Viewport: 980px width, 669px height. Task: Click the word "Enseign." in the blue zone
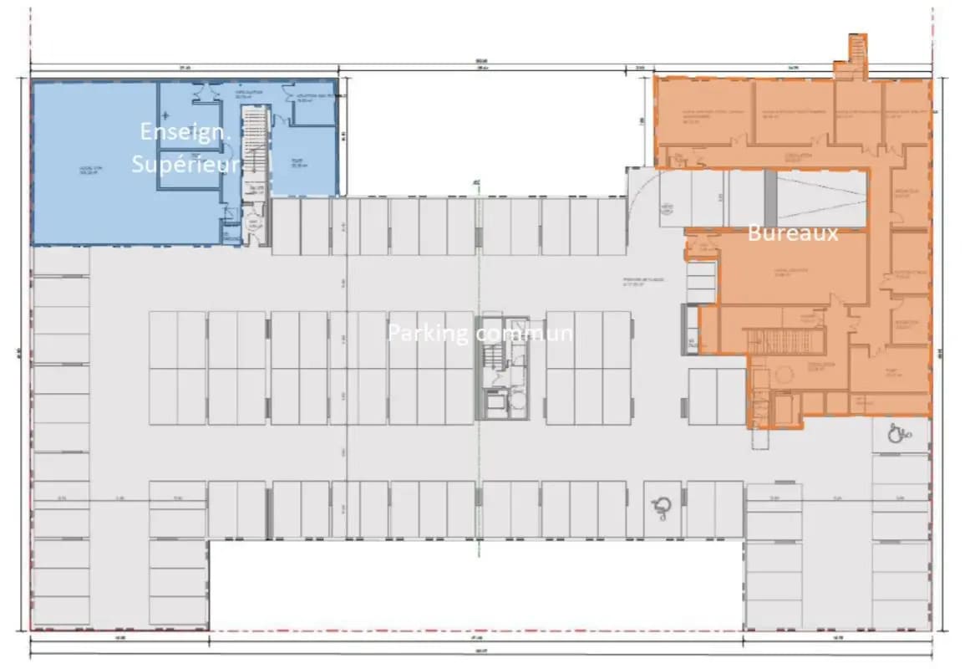[178, 132]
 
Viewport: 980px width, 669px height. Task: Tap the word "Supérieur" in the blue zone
[185, 163]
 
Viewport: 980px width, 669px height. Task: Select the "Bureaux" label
[792, 233]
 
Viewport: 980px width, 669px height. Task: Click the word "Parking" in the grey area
[427, 333]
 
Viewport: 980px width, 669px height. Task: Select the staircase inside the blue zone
[252, 151]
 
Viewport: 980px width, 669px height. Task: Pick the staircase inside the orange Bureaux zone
[767, 340]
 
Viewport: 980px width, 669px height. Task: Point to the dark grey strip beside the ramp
[770, 197]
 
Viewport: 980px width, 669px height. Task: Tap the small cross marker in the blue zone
[166, 113]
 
